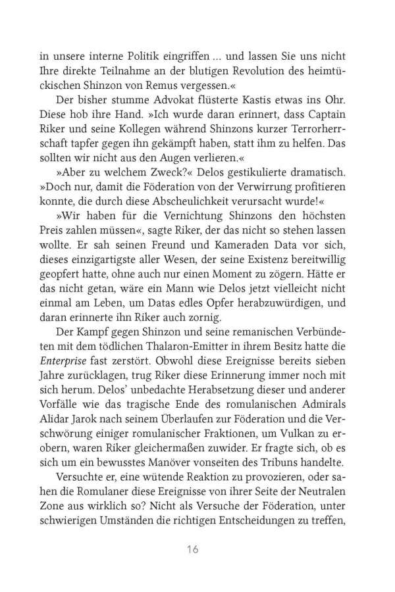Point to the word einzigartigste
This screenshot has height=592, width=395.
click(105, 265)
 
